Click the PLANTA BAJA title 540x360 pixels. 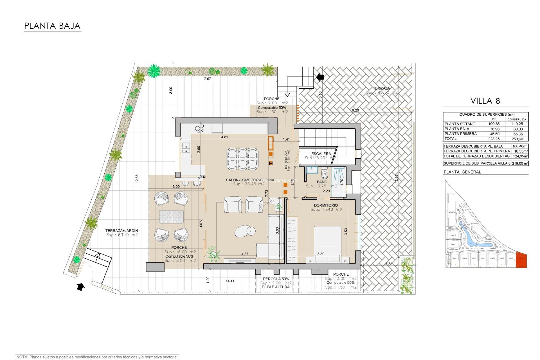click(52, 26)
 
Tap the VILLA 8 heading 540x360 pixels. click(485, 101)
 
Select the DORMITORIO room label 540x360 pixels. click(326, 205)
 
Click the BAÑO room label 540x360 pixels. click(322, 182)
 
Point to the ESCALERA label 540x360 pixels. click(321, 154)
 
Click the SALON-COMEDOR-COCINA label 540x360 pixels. click(250, 180)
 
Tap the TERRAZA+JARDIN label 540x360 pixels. click(121, 231)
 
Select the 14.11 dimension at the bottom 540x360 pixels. click(230, 281)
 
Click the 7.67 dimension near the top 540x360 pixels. click(207, 79)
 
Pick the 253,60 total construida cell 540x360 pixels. click(517, 139)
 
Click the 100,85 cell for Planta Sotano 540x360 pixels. click(494, 124)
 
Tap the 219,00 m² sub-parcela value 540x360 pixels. click(520, 163)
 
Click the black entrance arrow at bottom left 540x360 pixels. click(81, 287)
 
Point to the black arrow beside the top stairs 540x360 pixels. click(320, 77)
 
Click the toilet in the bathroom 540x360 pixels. click(325, 173)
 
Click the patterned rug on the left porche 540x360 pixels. click(171, 217)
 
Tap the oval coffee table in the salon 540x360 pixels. click(245, 231)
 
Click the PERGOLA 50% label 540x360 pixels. click(276, 279)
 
